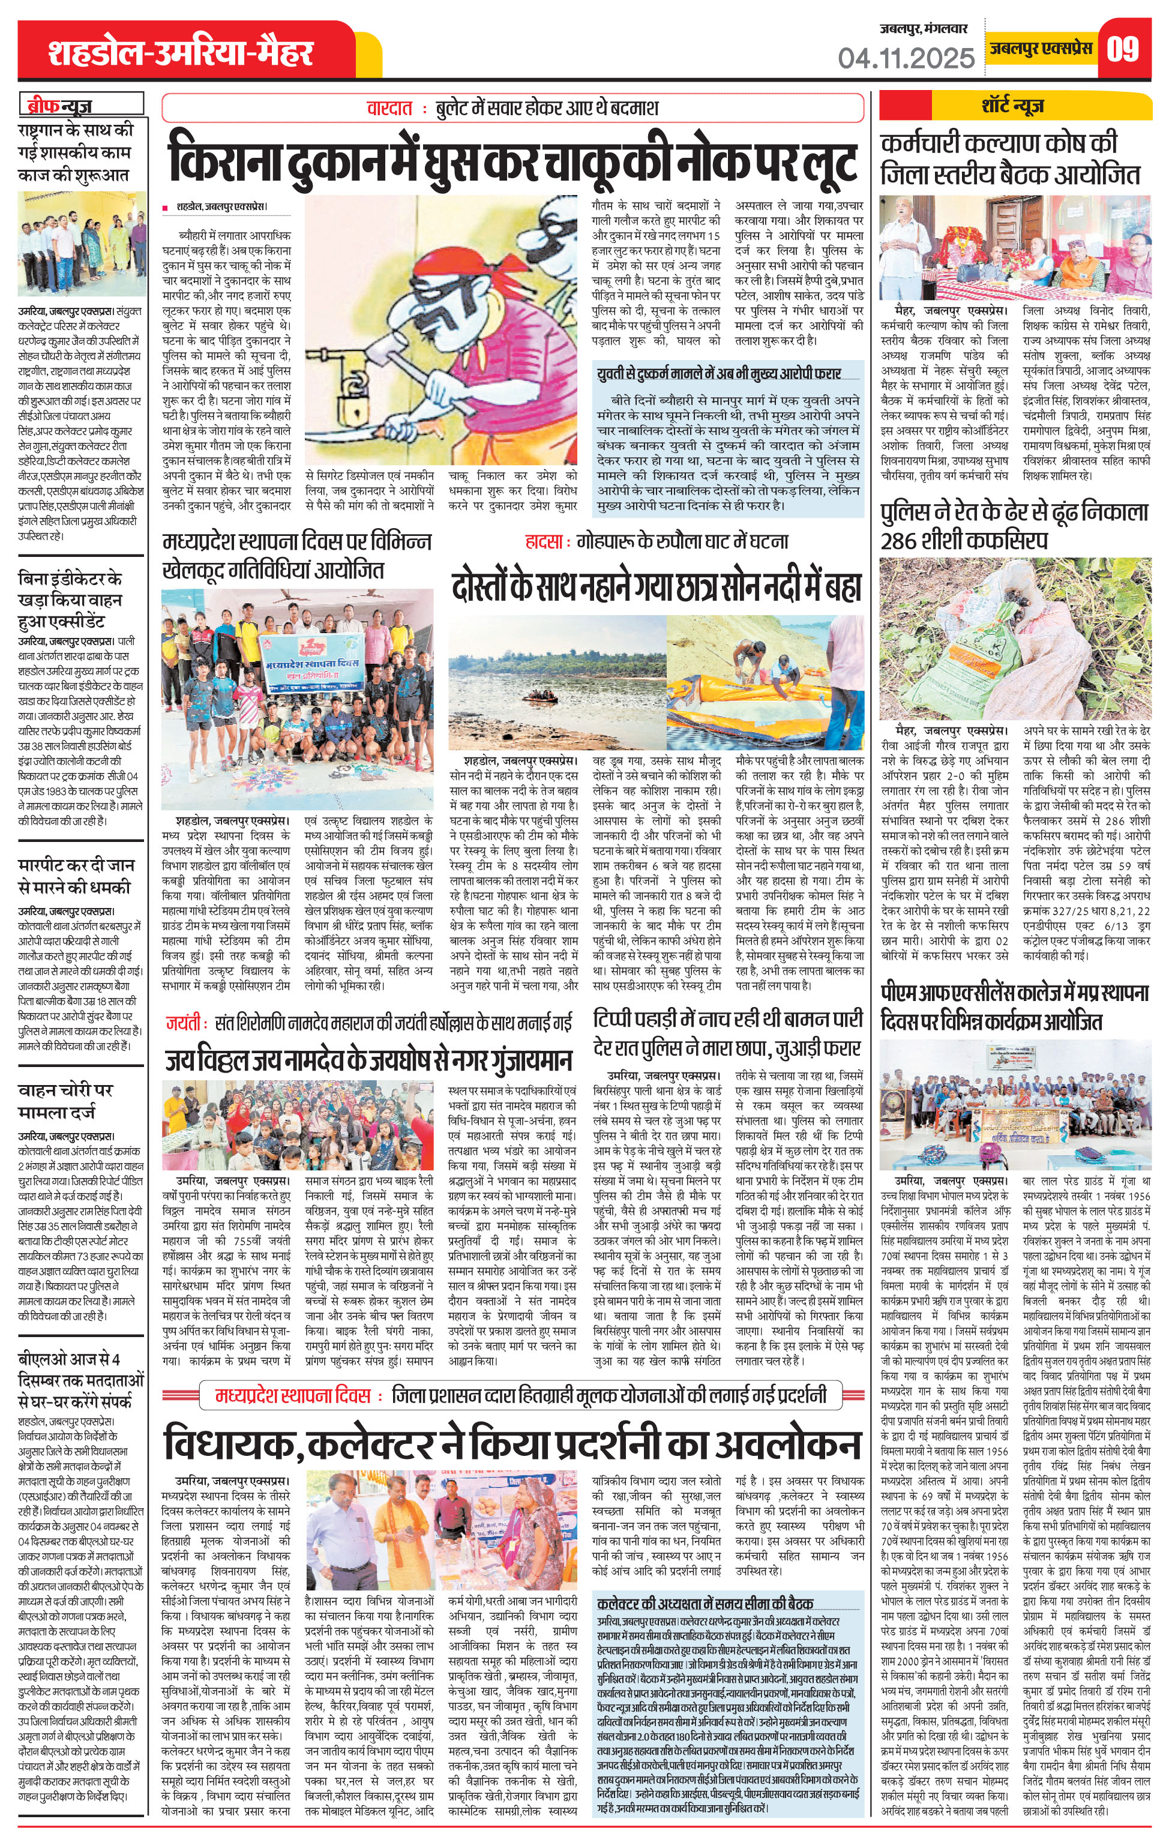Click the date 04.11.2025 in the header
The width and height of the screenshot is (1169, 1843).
tap(906, 58)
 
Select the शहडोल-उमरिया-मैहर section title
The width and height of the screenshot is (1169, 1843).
tap(181, 53)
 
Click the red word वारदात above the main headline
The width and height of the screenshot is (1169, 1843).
tap(389, 109)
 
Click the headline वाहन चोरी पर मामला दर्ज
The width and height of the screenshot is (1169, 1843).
tap(66, 1101)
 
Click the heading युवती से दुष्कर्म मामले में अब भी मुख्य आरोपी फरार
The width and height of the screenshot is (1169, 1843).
tap(719, 373)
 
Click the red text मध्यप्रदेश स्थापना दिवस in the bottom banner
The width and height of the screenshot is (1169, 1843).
tap(293, 1395)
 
